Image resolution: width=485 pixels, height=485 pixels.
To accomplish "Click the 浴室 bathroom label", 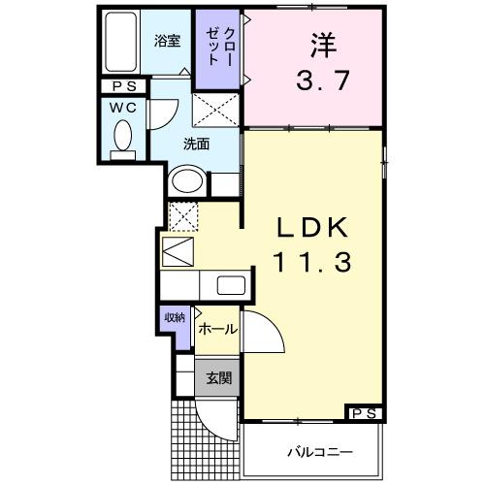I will tap(168, 41).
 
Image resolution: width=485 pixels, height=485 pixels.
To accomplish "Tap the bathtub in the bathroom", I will tap(120, 43).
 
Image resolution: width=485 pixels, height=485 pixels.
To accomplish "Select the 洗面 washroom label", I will tap(197, 145).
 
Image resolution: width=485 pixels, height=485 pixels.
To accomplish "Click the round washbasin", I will tap(186, 181).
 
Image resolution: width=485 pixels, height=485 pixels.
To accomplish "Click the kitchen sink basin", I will tap(231, 285).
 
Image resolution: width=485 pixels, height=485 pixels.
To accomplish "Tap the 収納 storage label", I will tap(175, 318).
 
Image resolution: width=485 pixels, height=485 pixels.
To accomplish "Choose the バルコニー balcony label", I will tap(318, 452).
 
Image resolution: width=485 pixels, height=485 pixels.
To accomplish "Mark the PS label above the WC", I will tap(122, 86).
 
